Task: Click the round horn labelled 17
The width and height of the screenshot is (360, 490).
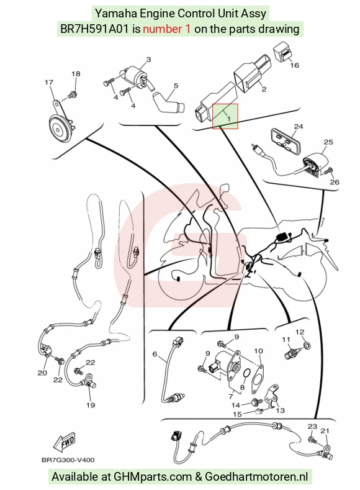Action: [61, 127]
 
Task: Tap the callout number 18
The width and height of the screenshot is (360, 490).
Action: [76, 74]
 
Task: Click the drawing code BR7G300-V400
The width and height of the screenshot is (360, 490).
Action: [68, 460]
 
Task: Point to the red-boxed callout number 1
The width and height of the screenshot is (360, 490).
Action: [228, 119]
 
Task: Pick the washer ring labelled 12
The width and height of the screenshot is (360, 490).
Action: [307, 345]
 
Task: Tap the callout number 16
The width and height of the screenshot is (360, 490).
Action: [294, 65]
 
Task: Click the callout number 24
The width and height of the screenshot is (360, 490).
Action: [299, 127]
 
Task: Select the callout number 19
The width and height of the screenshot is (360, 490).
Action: [91, 406]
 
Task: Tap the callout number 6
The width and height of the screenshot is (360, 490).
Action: [155, 354]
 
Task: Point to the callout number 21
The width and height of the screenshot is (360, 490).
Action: [325, 431]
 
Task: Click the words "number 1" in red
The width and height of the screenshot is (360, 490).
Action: [166, 29]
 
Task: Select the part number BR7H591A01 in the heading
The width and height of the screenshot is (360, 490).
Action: [94, 29]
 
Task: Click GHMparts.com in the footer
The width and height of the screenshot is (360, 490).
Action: [153, 477]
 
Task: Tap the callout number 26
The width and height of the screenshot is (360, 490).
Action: [335, 182]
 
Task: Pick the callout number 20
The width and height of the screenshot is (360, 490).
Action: [42, 373]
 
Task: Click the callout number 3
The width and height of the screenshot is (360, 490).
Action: [148, 60]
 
